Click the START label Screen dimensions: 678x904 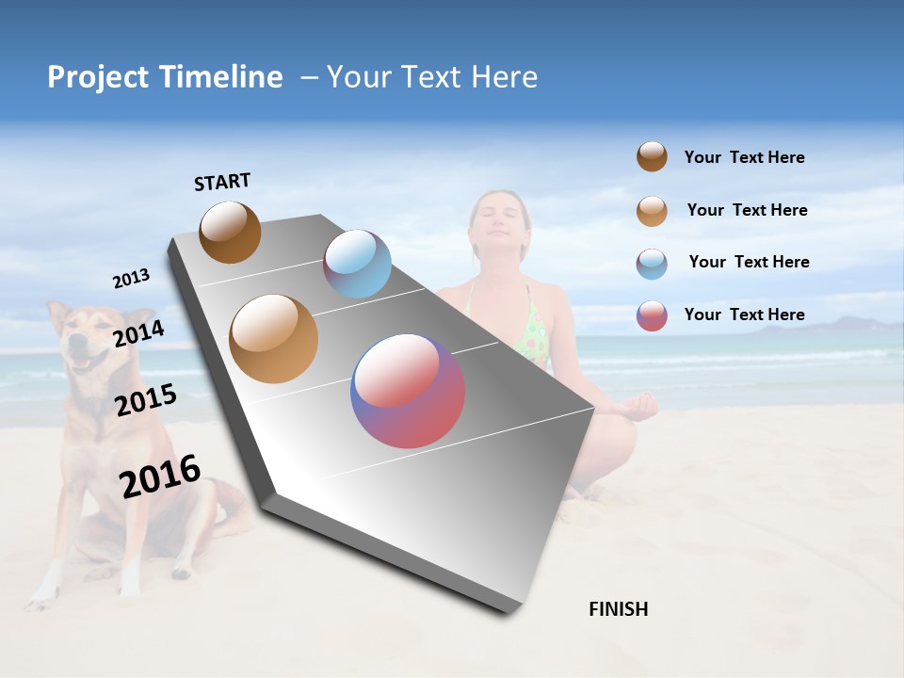point(222,182)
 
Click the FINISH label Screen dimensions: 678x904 point(619,609)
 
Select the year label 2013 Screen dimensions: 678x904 point(131,279)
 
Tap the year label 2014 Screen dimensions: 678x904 point(138,334)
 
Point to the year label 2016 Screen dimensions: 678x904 point(160,476)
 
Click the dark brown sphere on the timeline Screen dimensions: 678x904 point(230,232)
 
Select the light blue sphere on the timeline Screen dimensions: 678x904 point(357,264)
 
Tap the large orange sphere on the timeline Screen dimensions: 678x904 point(273,339)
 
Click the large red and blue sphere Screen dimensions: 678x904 point(408,391)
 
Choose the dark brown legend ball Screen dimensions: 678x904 point(652,157)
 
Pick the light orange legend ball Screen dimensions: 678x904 point(652,211)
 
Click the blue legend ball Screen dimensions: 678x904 point(652,264)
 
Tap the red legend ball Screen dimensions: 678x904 point(652,315)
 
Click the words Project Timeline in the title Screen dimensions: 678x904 point(165,77)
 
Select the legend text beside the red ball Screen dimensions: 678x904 point(744,315)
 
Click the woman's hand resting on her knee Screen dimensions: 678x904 point(640,407)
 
